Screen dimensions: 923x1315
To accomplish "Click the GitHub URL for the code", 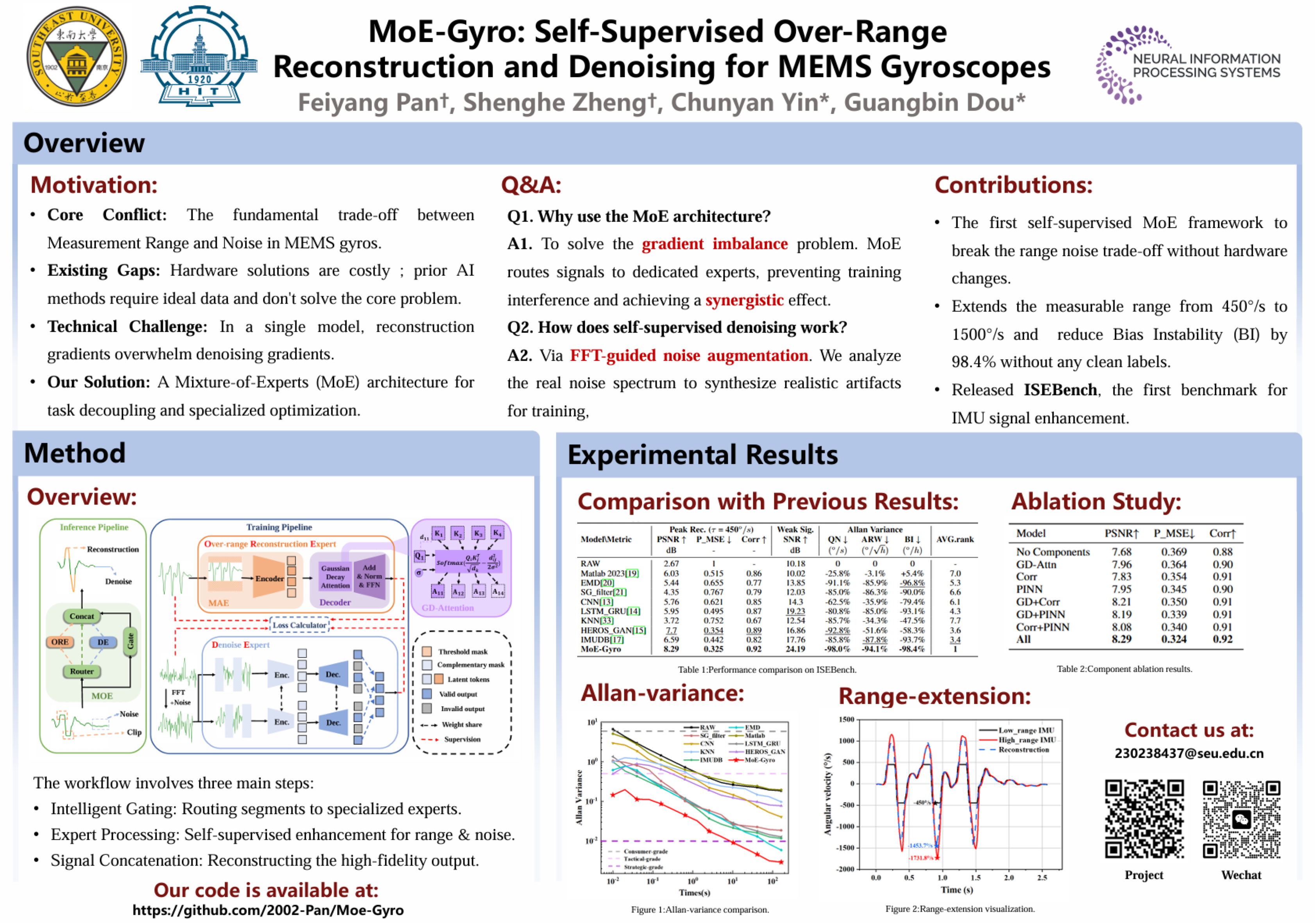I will point(268,910).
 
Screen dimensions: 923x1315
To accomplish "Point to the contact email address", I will point(1188,753).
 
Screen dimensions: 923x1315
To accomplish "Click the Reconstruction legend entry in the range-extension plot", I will point(1024,749).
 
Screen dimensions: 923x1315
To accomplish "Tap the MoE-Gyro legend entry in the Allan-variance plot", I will point(759,760).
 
